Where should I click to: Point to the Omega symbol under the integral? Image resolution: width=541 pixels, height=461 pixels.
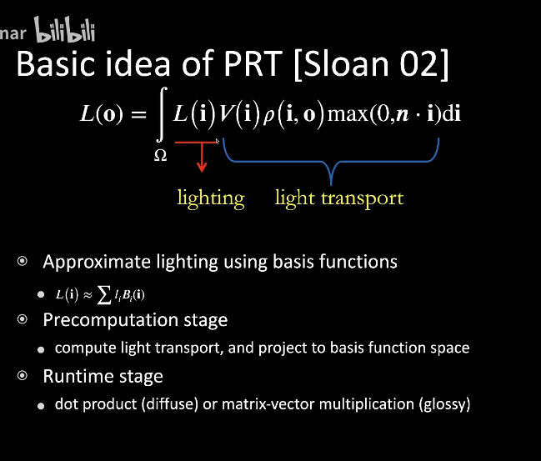pos(160,155)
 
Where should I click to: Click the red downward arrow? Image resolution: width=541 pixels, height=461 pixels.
pos(202,158)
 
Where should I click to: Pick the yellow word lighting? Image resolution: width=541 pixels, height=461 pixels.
pos(211,198)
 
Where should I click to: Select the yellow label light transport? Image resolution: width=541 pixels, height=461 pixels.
pos(339,198)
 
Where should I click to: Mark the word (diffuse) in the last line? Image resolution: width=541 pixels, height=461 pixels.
pos(166,405)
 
